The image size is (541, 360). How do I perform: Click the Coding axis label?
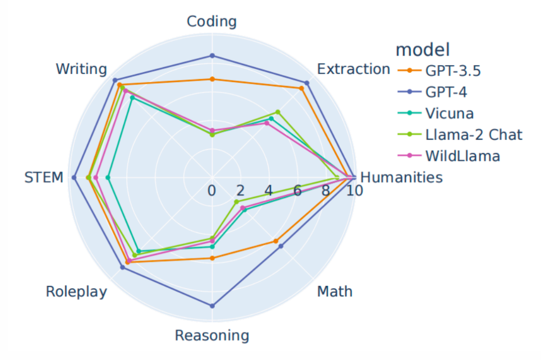(211, 22)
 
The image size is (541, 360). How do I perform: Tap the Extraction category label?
(354, 69)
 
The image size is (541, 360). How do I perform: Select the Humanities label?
(401, 178)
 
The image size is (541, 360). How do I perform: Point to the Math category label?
(335, 291)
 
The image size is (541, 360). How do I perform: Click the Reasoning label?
(211, 335)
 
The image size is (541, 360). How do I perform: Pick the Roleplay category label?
(76, 291)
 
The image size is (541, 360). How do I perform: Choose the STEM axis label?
(44, 178)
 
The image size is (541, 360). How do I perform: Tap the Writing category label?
(81, 69)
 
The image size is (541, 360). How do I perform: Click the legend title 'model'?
(422, 50)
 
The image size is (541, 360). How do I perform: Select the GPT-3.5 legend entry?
(453, 71)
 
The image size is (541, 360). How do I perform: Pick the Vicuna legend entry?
(449, 113)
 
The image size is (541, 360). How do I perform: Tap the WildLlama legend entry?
(462, 156)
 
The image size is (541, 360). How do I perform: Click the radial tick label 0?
(212, 191)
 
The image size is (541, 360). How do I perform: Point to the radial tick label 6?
(298, 191)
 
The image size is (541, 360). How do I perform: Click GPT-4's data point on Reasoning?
(212, 305)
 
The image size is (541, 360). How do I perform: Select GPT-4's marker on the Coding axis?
(212, 56)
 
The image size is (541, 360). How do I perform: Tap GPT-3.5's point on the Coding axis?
(212, 79)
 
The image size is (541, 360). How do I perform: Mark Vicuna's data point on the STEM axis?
(108, 178)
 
